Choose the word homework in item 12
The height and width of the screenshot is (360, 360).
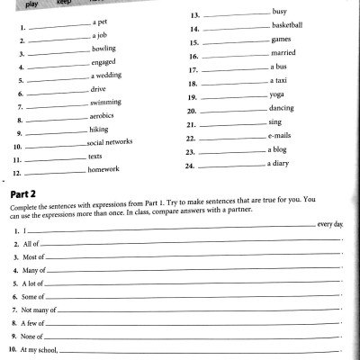coord(106,169)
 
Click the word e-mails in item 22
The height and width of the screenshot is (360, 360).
coord(282,136)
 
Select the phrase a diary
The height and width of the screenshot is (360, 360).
coord(281,164)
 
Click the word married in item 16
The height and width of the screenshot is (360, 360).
coord(283,55)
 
